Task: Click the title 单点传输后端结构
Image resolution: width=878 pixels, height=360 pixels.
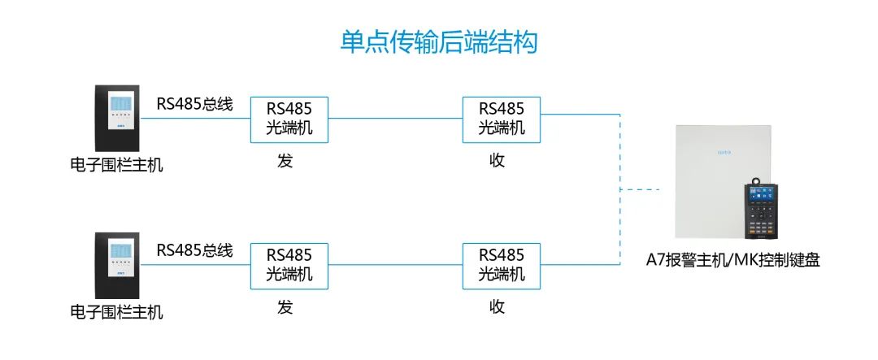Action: [x=438, y=42]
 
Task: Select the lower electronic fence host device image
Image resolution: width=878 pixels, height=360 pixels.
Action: [x=117, y=267]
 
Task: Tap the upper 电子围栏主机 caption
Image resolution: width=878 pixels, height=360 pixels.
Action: [x=116, y=166]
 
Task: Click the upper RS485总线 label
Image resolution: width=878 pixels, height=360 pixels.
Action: [x=194, y=104]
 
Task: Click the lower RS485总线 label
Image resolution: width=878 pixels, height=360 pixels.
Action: [x=194, y=250]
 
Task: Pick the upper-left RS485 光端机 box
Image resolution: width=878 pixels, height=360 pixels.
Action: [x=289, y=119]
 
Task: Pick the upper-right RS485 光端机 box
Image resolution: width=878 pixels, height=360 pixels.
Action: [x=502, y=119]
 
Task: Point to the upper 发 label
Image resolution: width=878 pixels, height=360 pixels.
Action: [x=285, y=161]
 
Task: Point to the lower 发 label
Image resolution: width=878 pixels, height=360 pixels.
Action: [x=285, y=307]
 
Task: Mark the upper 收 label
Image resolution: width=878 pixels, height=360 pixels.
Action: [x=498, y=161]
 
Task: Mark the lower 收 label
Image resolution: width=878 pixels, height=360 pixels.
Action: [x=498, y=307]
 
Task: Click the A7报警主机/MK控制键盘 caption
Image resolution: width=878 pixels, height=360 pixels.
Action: [x=732, y=261]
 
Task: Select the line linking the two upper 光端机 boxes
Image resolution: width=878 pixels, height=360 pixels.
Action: [x=396, y=119]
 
